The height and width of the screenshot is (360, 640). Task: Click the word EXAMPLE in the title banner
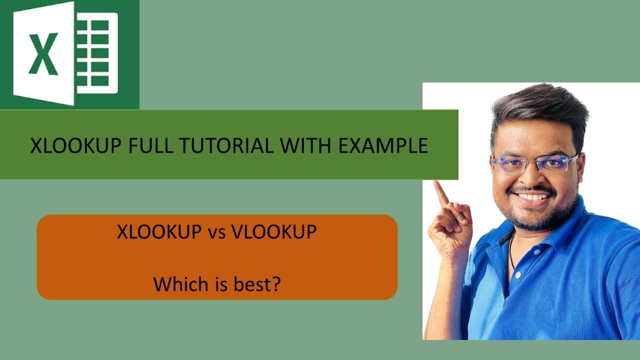[x=382, y=145]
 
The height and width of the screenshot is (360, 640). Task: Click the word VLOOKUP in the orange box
[x=273, y=231]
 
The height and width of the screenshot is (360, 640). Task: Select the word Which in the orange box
[x=175, y=284]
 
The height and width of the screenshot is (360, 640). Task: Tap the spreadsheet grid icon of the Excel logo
[x=96, y=53]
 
